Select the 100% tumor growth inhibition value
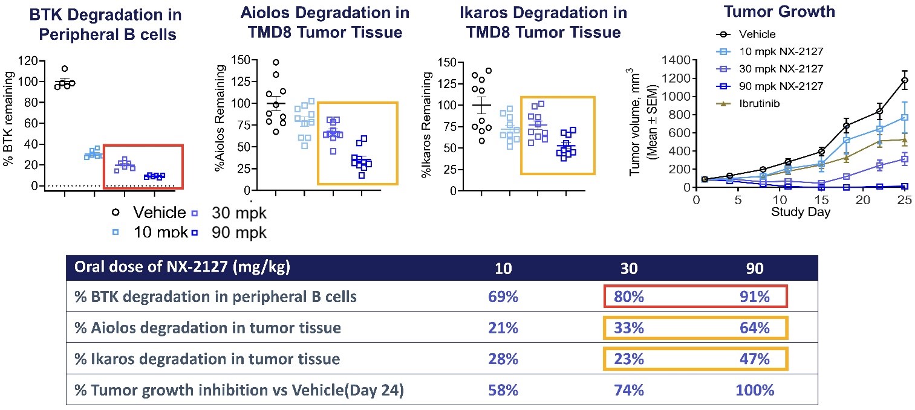pyautogui.click(x=755, y=390)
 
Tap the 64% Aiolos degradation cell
pyautogui.click(x=755, y=328)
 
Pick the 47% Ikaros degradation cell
pyautogui.click(x=755, y=359)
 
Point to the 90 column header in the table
pyautogui.click(x=755, y=267)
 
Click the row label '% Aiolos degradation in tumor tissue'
pyautogui.click(x=207, y=328)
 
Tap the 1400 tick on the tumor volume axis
pyautogui.click(x=676, y=60)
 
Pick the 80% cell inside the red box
pyautogui.click(x=629, y=297)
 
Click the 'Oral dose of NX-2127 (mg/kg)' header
pyautogui.click(x=181, y=267)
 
